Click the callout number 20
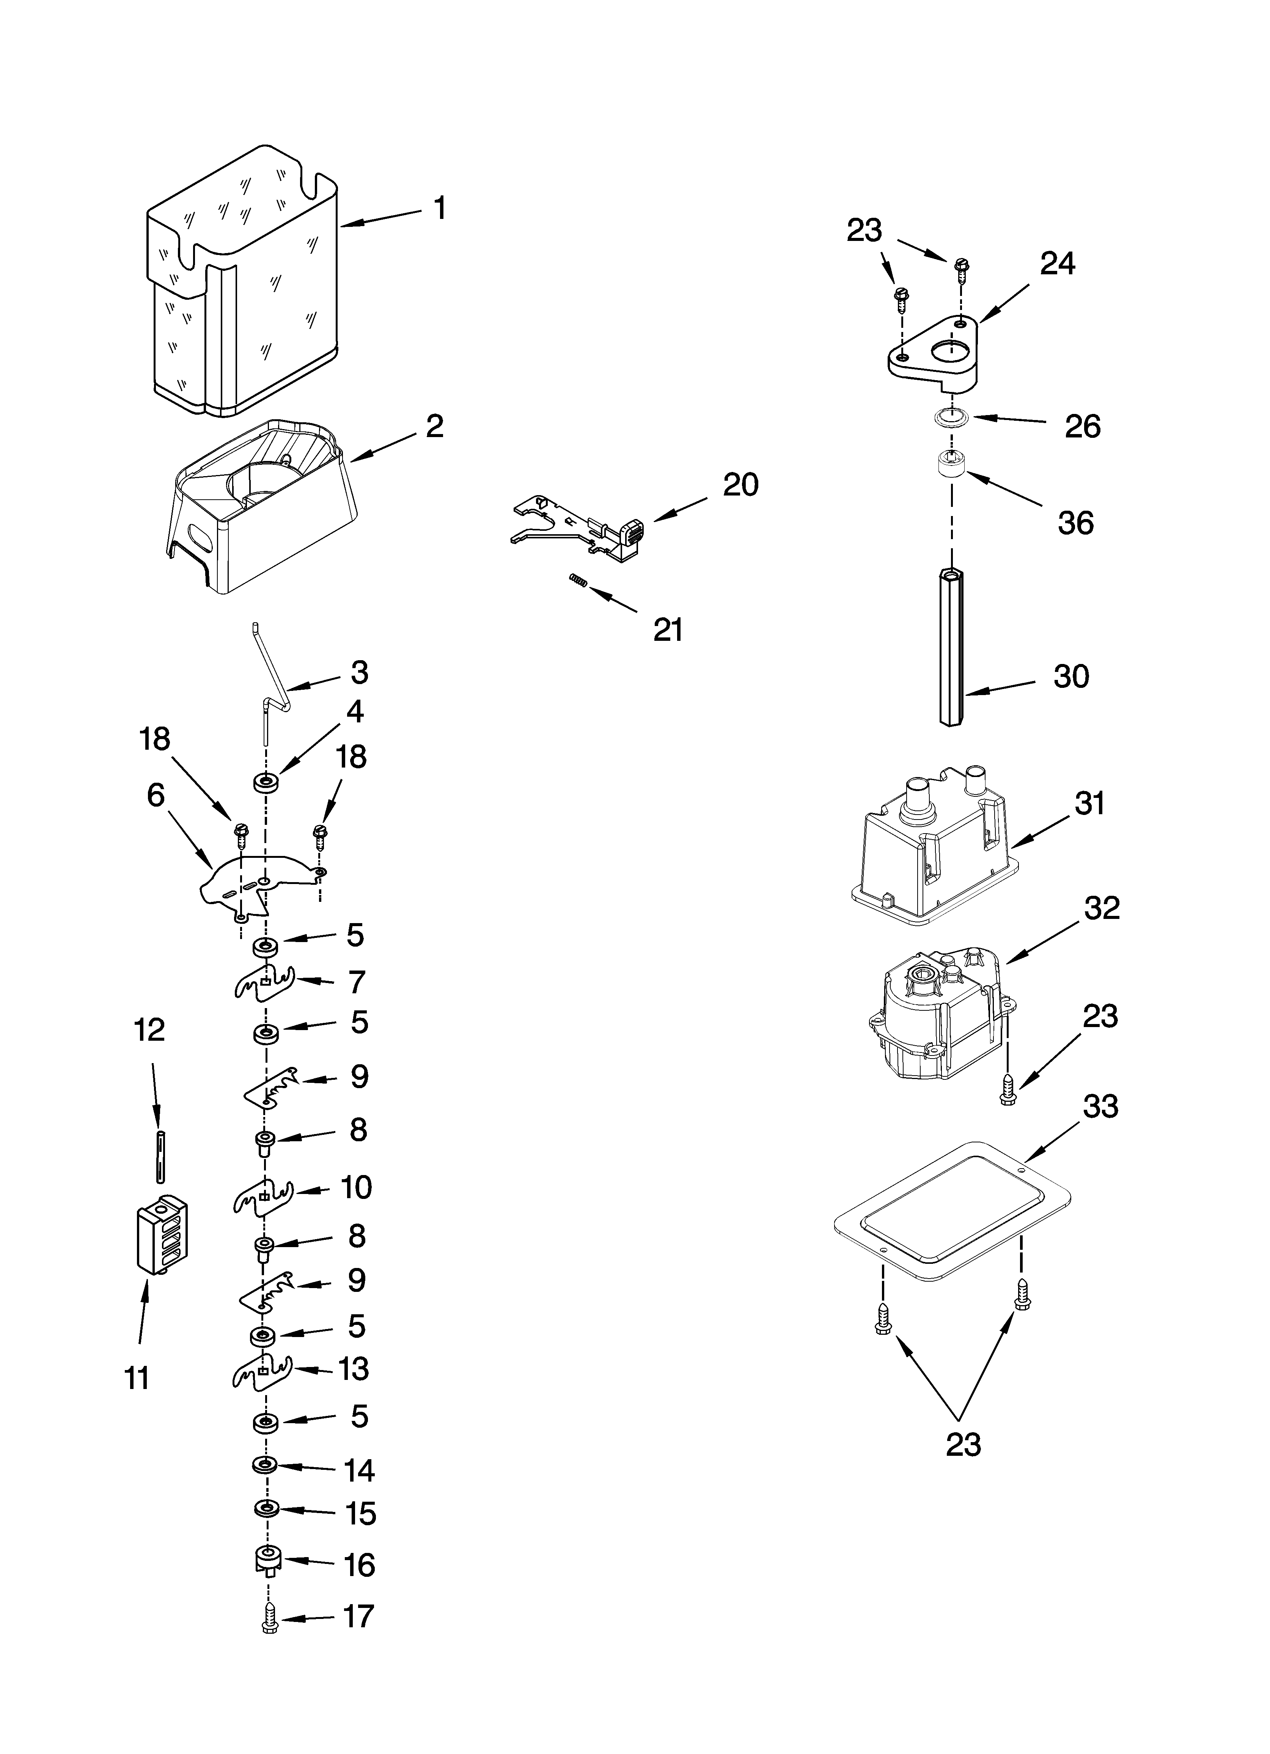pyautogui.click(x=740, y=485)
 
